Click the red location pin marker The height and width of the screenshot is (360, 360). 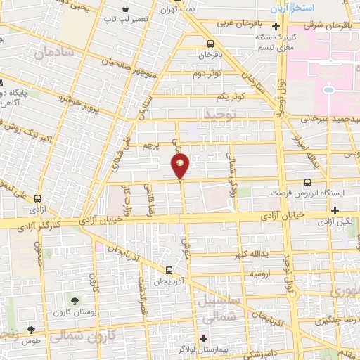(x=180, y=166)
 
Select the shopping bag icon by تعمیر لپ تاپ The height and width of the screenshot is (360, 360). (x=124, y=10)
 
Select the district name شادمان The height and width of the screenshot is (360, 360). (x=53, y=53)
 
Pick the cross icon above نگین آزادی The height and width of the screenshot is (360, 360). (x=335, y=210)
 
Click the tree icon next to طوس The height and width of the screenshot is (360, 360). (x=30, y=328)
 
